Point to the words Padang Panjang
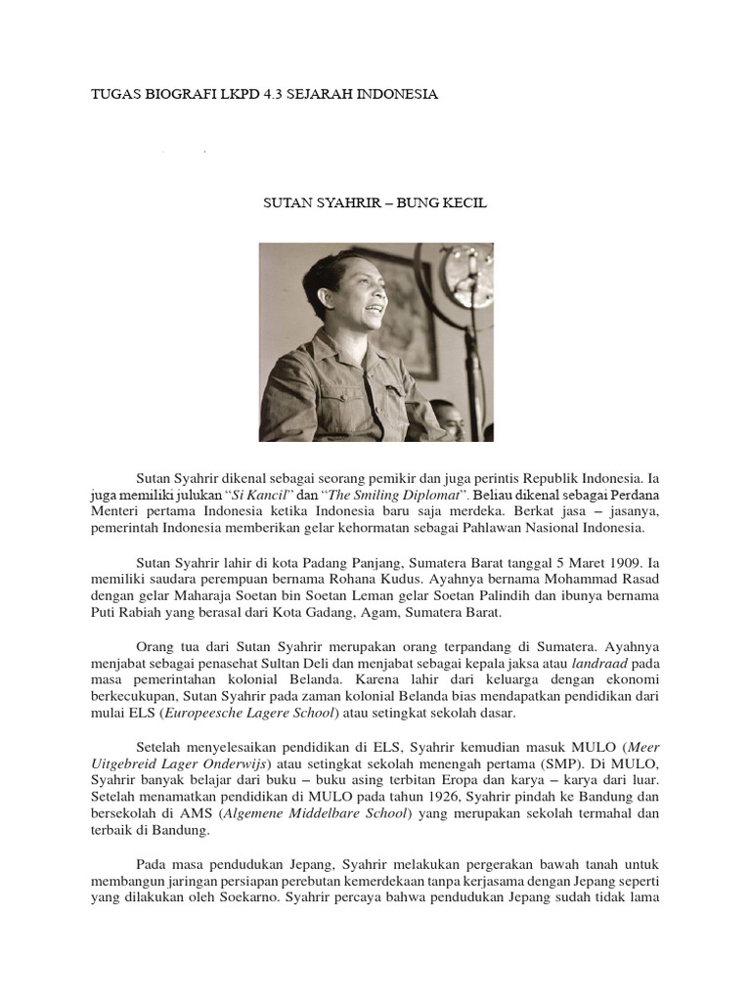(x=370, y=563)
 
